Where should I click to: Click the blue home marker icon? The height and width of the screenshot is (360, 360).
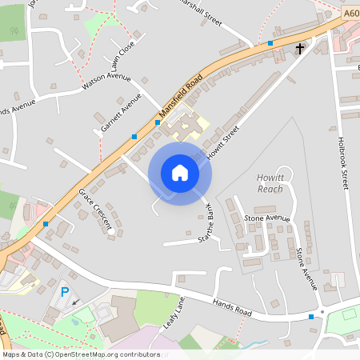(179, 172)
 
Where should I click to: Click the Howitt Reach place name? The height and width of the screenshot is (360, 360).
(270, 183)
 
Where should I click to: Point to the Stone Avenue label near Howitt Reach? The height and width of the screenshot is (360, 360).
(266, 218)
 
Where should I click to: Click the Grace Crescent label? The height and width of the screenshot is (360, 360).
(94, 209)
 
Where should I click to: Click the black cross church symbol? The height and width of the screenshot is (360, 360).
(300, 49)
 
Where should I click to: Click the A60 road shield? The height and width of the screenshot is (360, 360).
(352, 13)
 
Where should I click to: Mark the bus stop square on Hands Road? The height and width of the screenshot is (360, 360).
(311, 317)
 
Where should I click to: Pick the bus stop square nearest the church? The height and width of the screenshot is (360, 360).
(270, 42)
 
